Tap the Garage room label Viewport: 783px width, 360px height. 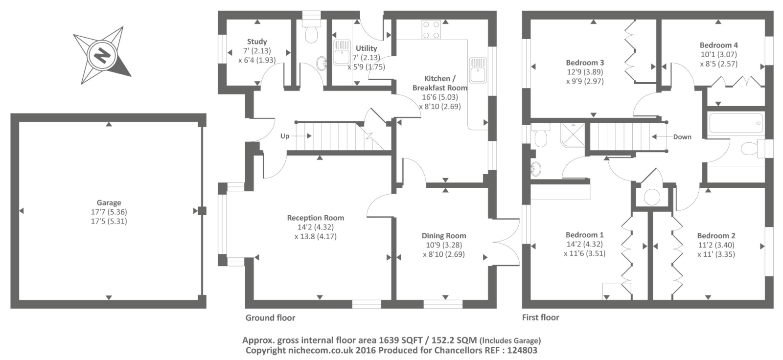click(109, 202)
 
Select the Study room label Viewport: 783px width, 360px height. click(257, 42)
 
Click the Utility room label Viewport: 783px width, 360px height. click(366, 48)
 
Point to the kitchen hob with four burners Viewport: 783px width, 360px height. click(431, 29)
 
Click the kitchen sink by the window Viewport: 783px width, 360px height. click(477, 69)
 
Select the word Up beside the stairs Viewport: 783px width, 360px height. click(285, 136)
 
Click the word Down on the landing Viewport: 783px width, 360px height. click(682, 137)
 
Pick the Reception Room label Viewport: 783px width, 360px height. click(315, 218)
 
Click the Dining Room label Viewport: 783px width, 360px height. click(444, 236)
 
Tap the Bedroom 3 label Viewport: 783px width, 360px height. click(585, 63)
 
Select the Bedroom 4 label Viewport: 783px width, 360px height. click(718, 45)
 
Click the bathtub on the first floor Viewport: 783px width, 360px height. click(736, 123)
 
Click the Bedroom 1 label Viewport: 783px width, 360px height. click(584, 235)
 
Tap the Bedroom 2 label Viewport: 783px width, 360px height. click(716, 235)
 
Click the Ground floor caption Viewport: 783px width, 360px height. click(270, 318)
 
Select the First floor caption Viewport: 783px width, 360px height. click(540, 317)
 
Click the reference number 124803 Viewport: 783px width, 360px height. click(522, 350)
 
